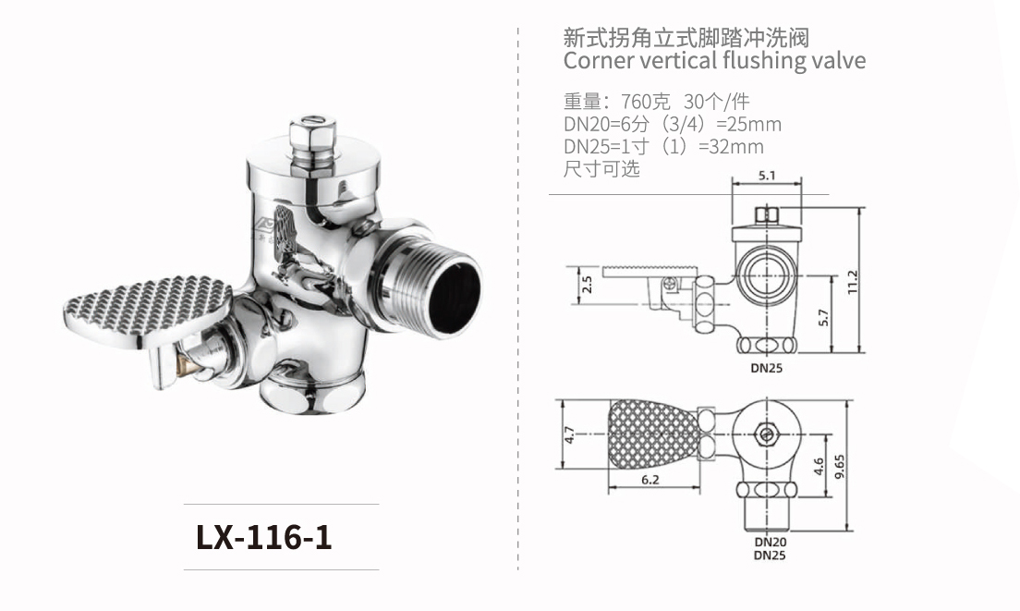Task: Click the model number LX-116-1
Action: (x=264, y=537)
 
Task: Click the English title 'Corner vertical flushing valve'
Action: (x=714, y=61)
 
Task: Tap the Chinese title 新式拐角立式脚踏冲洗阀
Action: (x=686, y=38)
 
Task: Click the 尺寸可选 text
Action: (x=601, y=168)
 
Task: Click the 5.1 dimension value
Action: (x=767, y=175)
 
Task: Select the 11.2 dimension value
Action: (x=853, y=278)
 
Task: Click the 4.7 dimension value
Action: (x=570, y=434)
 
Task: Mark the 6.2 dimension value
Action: (x=650, y=480)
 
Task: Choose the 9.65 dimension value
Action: (x=839, y=465)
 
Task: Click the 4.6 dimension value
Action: (x=818, y=465)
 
